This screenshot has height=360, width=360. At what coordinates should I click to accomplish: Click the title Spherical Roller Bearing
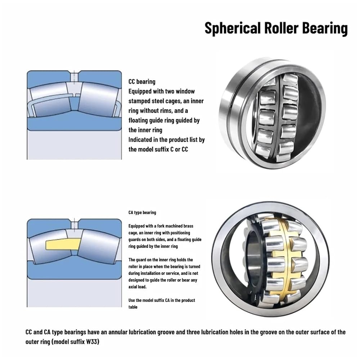tap(276, 28)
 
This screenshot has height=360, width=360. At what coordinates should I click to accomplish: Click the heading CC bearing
tap(142, 82)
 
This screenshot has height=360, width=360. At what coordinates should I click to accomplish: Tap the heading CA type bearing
tap(142, 213)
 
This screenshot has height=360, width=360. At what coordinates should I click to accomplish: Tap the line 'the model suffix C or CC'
tap(158, 149)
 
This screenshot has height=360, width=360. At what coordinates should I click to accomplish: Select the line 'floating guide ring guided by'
tap(164, 121)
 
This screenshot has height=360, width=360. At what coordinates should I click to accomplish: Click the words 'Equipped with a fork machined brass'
tap(161, 226)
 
